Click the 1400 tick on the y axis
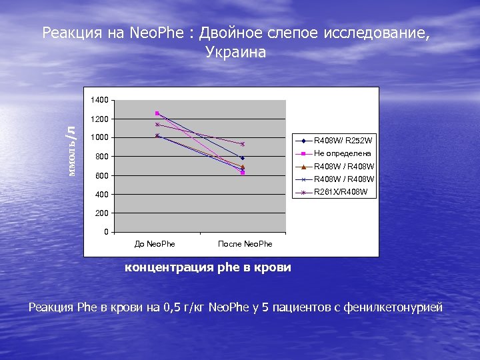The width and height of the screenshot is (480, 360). point(99,100)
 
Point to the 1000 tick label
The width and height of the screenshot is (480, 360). point(99,138)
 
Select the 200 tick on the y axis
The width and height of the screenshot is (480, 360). point(101,213)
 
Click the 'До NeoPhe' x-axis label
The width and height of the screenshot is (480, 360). point(155,244)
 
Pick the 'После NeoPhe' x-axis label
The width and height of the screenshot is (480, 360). point(245,244)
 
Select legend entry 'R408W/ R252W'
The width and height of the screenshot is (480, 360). point(343,141)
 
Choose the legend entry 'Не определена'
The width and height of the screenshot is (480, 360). point(342,153)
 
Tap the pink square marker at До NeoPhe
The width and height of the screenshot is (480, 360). point(157,113)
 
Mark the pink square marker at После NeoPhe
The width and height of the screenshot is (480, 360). point(243,173)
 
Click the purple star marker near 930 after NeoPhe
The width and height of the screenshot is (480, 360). point(243,144)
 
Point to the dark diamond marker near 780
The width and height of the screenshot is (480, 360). point(243,158)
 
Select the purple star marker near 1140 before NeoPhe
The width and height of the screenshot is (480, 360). point(157,125)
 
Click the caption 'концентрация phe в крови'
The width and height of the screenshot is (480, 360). point(208,267)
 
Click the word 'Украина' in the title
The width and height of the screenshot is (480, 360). point(235,53)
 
